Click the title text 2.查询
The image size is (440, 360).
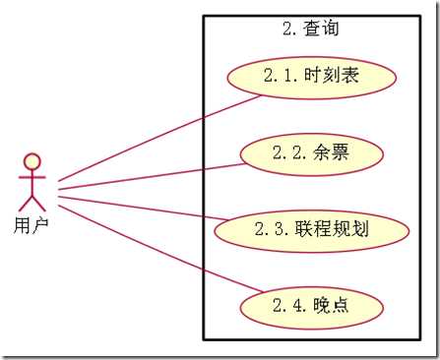point(310,29)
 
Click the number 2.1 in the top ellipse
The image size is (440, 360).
point(281,77)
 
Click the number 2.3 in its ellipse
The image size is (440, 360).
point(271,229)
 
